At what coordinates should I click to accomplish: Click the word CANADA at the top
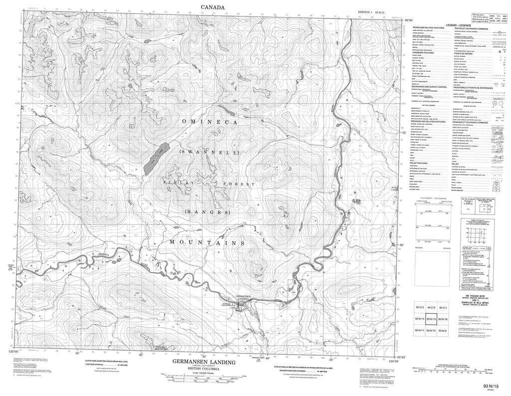(209, 6)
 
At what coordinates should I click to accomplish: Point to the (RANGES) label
(205, 212)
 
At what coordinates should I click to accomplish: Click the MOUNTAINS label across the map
(206, 242)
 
